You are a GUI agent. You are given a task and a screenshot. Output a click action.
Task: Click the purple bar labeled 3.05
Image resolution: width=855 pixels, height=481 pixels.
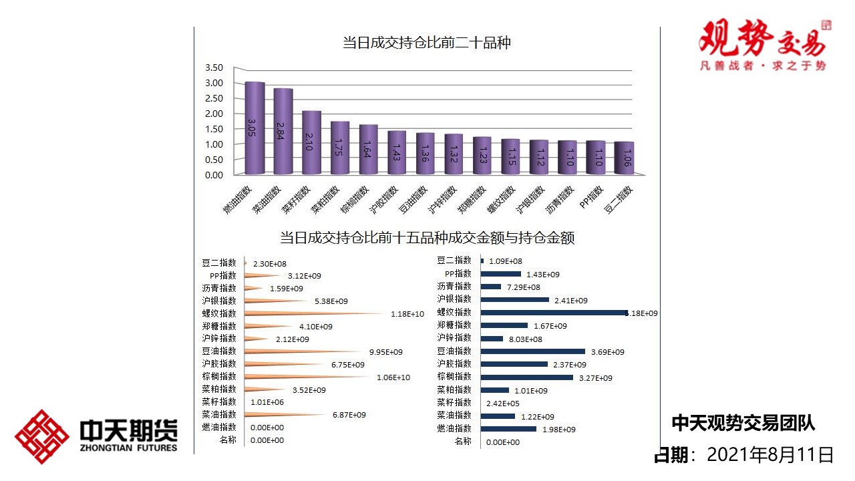(254, 127)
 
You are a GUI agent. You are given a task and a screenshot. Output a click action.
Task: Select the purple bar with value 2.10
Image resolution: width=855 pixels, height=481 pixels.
(311, 142)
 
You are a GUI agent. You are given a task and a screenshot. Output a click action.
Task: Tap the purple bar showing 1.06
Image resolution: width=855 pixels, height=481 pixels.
(624, 158)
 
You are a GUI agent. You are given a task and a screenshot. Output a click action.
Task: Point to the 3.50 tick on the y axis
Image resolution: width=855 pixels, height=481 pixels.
(214, 67)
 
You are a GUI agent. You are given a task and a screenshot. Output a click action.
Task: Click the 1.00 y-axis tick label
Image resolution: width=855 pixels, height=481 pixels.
(214, 144)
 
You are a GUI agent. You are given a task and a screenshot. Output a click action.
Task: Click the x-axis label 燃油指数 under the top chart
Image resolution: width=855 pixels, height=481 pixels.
(238, 200)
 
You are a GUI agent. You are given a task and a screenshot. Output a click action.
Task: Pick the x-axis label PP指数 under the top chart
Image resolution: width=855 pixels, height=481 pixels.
(592, 197)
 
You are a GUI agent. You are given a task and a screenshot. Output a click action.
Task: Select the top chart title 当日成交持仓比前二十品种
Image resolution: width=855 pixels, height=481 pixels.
(427, 43)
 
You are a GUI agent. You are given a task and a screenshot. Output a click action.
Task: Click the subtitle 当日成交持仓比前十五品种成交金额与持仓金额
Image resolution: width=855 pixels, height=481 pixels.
(427, 238)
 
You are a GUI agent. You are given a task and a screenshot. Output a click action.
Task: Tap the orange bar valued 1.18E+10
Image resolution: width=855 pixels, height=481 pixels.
(314, 313)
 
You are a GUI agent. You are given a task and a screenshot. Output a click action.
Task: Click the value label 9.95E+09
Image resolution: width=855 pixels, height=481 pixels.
(386, 352)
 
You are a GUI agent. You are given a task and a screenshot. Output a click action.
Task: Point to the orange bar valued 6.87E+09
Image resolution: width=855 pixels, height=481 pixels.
(287, 415)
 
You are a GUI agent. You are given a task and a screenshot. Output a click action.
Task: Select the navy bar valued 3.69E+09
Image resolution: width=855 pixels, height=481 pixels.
(533, 351)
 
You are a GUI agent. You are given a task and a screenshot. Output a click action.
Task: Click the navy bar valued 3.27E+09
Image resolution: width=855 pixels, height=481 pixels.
(527, 377)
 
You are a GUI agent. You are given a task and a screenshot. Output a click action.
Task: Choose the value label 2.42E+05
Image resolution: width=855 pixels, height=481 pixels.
(503, 404)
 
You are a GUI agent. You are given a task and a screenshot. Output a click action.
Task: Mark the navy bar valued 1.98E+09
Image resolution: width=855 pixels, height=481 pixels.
(508, 429)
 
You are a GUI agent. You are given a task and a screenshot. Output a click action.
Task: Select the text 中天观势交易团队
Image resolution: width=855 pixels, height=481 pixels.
(743, 423)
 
